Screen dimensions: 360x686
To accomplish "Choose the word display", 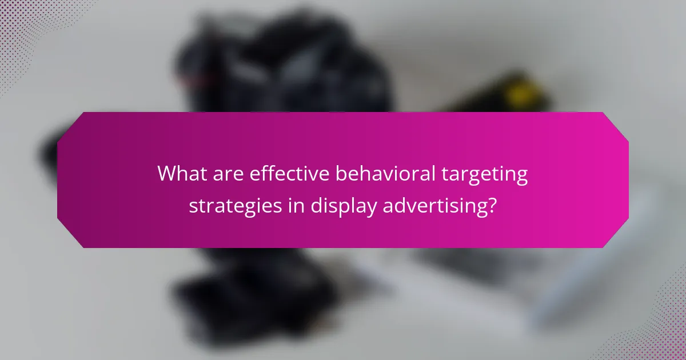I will [344, 206].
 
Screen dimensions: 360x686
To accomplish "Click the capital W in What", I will [168, 174].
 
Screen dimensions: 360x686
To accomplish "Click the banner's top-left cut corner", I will [70, 125].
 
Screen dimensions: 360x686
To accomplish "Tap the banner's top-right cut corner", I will [616, 125].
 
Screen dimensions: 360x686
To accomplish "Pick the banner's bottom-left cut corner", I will [70, 235].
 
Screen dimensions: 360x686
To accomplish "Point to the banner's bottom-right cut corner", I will [616, 235].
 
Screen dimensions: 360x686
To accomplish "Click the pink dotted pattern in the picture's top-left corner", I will [23, 23].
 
